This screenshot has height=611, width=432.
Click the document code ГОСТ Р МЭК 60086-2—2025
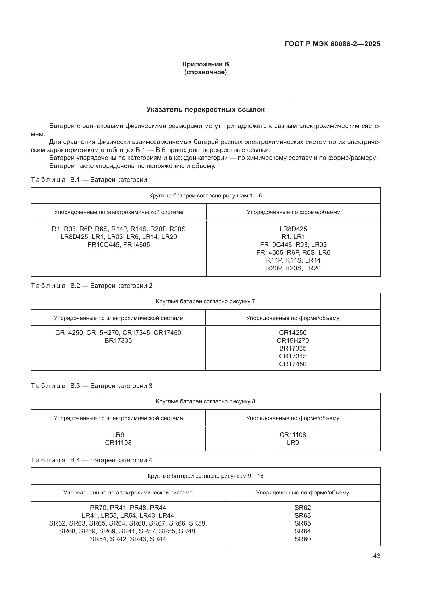click(x=332, y=44)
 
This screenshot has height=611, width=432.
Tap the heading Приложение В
click(x=205, y=64)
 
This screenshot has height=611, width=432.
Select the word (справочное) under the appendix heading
click(x=205, y=72)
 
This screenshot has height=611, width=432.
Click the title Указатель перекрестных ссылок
click(x=205, y=110)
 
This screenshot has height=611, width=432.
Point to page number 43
click(x=376, y=556)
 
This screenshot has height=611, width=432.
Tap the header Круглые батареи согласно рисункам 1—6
click(x=205, y=196)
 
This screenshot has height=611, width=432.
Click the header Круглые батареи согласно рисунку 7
click(x=205, y=301)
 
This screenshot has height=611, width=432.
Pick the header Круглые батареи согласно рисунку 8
click(x=205, y=401)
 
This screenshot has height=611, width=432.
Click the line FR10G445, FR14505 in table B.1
click(x=119, y=245)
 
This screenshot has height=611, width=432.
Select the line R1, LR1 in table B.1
click(x=293, y=237)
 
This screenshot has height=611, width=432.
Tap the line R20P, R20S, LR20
click(x=293, y=268)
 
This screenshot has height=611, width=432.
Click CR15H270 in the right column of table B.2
click(x=293, y=340)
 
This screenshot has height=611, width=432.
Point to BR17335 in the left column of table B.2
click(x=118, y=340)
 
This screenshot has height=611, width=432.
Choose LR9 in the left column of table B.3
click(x=118, y=435)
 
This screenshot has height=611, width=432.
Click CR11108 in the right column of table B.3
click(x=293, y=435)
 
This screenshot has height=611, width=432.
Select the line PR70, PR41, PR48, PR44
click(x=128, y=508)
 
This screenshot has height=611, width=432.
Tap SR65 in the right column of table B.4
click(x=302, y=523)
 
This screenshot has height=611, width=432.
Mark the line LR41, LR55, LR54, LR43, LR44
click(x=128, y=515)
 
